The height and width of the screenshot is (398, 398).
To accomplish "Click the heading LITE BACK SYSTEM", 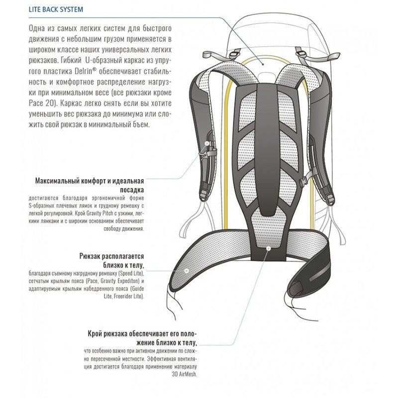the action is [56, 9].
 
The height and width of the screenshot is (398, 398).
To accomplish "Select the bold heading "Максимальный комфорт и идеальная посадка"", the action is [90, 185].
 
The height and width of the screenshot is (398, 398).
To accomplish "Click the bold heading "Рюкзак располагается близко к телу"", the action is [111, 261].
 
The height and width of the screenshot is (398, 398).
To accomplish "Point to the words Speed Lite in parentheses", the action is [130, 273].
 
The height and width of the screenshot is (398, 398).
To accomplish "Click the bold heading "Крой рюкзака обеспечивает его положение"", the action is [142, 338].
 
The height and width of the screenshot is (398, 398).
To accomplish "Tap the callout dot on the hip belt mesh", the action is [187, 271].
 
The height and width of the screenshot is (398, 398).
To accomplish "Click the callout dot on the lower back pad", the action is [269, 248].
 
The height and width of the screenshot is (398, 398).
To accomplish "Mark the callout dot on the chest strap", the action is [207, 143].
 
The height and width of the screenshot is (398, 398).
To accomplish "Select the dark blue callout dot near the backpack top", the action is [263, 65].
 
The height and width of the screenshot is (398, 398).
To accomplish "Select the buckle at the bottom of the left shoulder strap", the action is [203, 196].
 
